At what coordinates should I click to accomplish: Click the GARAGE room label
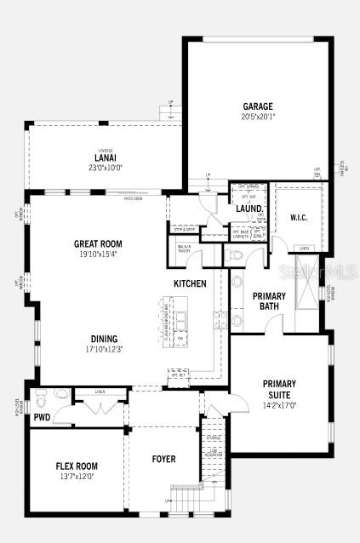tap(258, 106)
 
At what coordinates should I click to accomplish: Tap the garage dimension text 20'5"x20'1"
tap(258, 117)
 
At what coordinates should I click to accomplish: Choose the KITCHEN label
tap(190, 283)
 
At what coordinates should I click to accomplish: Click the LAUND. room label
tap(249, 209)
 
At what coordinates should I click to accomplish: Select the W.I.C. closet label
tap(299, 217)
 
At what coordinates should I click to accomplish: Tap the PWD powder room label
tap(42, 417)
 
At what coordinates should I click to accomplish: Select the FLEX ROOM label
tap(77, 466)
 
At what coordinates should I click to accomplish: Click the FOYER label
tap(163, 459)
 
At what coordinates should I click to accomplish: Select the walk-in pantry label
tap(185, 249)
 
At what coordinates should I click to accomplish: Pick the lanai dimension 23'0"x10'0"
tap(105, 168)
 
